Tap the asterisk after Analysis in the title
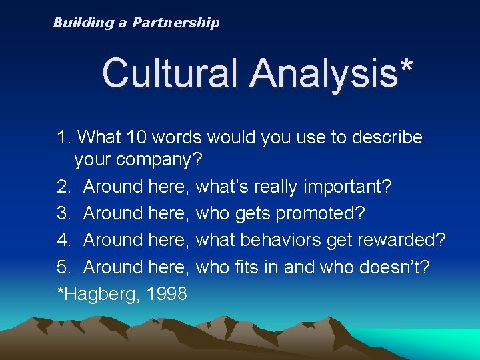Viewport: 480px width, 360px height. click(404, 67)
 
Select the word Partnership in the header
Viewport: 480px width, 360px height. click(175, 23)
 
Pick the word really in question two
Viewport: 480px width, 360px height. click(274, 187)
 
